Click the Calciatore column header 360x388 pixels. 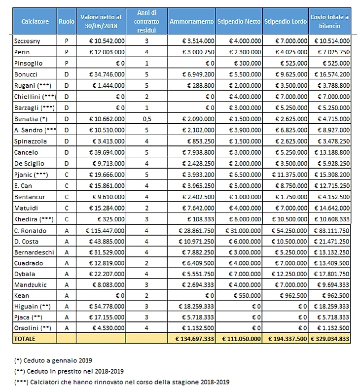pyautogui.click(x=35, y=22)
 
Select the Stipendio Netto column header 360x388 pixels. pyautogui.click(x=239, y=22)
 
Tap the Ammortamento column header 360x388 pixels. pyautogui.click(x=191, y=22)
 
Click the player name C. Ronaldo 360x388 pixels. pyautogui.click(x=31, y=230)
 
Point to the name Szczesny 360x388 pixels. pyautogui.click(x=28, y=41)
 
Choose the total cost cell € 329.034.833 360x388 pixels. pyautogui.click(x=330, y=339)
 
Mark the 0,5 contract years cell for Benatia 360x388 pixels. pyautogui.click(x=146, y=118)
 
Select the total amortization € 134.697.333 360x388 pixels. pyautogui.click(x=192, y=339)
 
